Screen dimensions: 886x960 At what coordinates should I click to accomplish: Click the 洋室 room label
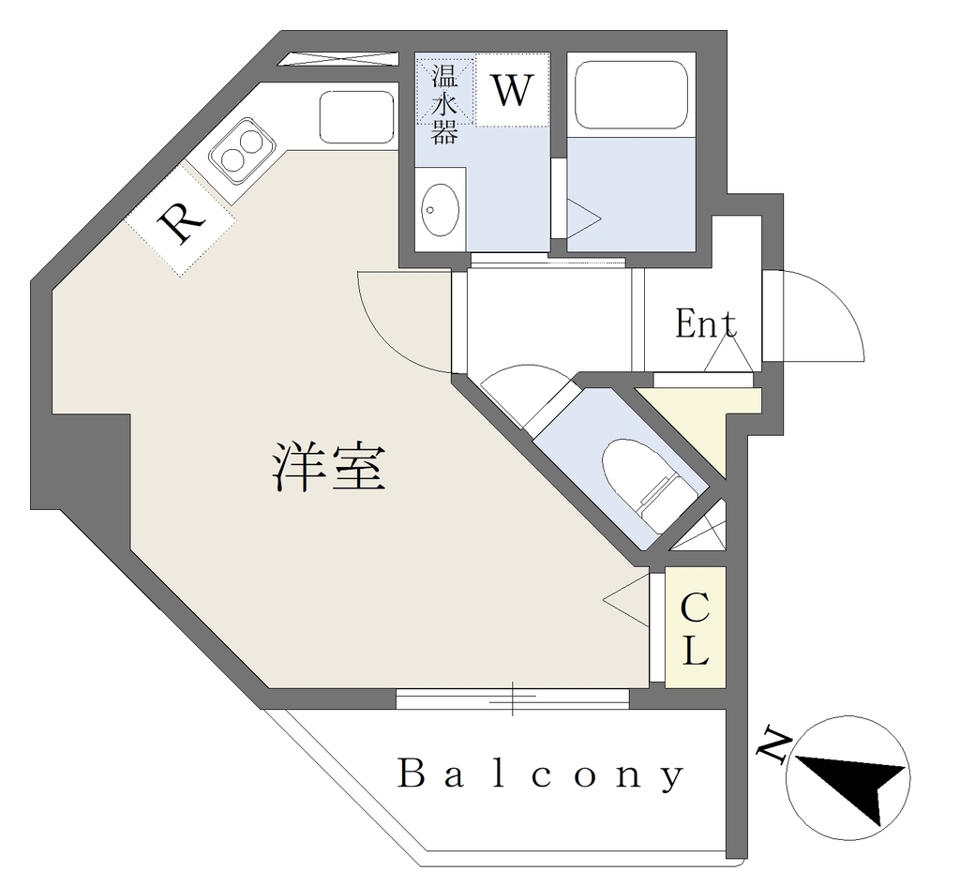click(x=329, y=470)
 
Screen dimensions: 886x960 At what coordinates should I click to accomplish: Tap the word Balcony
click(x=541, y=775)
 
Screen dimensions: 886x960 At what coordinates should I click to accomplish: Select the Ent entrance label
click(x=705, y=324)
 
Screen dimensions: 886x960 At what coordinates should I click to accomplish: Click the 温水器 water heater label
click(x=444, y=103)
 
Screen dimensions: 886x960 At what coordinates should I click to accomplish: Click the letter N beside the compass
click(x=774, y=745)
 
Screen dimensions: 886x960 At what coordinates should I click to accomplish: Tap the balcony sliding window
click(x=512, y=698)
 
